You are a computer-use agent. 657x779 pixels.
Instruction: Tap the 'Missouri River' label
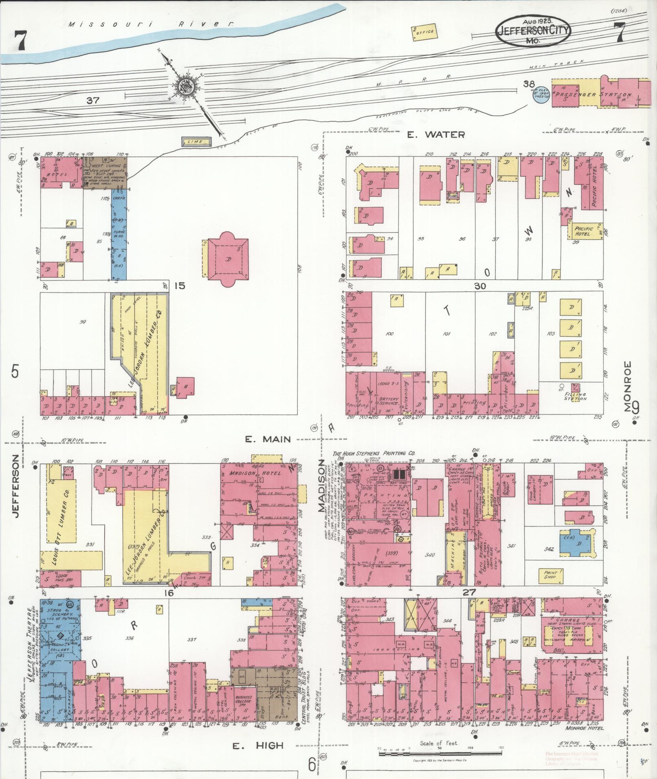tap(151, 24)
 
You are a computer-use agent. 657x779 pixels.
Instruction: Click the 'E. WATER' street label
tap(436, 135)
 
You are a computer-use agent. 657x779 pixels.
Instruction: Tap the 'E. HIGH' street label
tap(258, 746)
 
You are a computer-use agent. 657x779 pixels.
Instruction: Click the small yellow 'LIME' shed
tap(197, 141)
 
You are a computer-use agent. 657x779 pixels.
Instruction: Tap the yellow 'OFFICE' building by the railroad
tap(424, 33)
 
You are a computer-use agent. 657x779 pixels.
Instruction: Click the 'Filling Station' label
tap(575, 396)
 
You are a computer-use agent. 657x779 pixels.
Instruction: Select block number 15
tap(180, 285)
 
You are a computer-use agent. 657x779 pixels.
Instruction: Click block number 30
tap(480, 286)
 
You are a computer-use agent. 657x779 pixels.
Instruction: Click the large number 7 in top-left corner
tap(19, 41)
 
